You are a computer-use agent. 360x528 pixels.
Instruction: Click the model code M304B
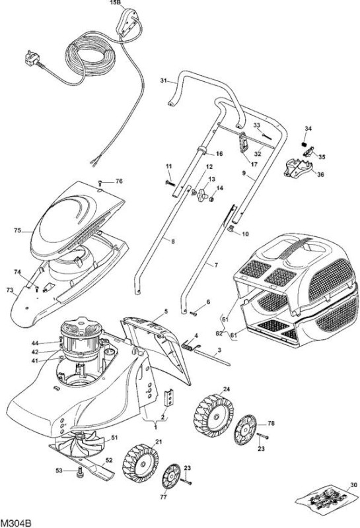16,523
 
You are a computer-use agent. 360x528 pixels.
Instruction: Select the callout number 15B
116,3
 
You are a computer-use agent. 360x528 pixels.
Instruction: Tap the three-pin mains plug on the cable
32,59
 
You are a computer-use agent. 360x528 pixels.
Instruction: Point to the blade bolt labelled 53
79,471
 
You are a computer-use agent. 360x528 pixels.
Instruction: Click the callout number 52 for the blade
108,460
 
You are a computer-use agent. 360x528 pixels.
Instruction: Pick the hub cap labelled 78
245,429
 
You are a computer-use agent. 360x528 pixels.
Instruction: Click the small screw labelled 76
100,183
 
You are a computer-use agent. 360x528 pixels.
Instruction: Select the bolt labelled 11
170,183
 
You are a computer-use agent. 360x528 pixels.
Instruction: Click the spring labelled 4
190,345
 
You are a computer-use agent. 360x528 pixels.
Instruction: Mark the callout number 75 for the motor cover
18,230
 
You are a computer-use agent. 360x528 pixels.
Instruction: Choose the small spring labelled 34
305,144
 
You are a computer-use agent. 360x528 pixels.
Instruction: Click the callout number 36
320,175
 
